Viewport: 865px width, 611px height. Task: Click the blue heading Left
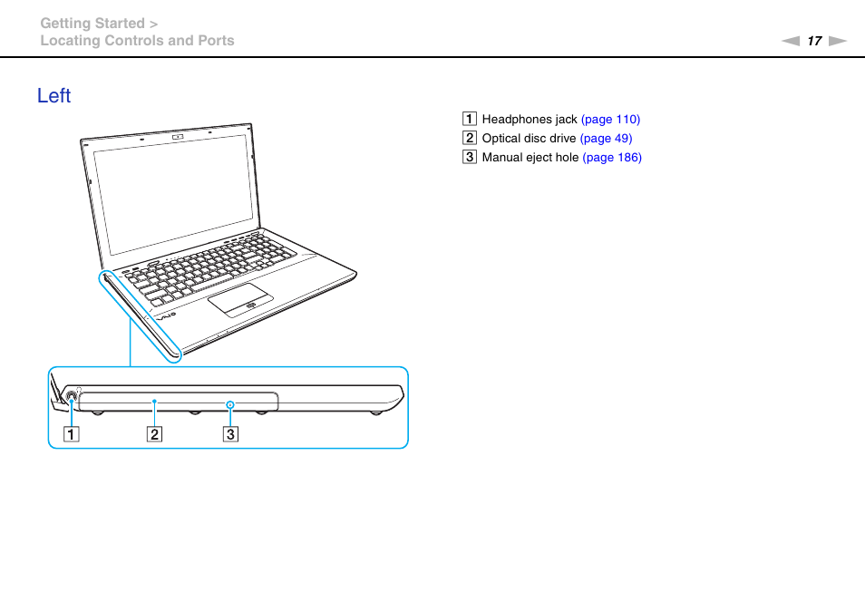54,96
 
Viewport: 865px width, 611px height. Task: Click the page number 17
814,41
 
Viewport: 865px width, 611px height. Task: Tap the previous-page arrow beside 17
792,41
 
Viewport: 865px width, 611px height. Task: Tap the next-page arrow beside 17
837,41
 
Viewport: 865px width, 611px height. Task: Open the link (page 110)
610,120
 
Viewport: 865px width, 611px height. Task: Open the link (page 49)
606,139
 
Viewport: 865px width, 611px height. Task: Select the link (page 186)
611,158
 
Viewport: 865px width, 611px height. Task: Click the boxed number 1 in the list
469,120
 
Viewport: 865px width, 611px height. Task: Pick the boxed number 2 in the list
469,139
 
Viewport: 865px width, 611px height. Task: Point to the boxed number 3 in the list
469,158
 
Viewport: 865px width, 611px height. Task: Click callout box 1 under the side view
71,433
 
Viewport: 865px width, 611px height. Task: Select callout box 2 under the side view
155,433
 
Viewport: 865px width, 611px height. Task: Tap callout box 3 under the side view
230,433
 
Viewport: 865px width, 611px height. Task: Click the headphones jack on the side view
71,396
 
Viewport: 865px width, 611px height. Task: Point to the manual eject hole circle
230,402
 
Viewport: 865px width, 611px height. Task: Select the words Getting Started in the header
92,24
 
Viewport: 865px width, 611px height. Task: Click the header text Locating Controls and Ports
137,41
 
